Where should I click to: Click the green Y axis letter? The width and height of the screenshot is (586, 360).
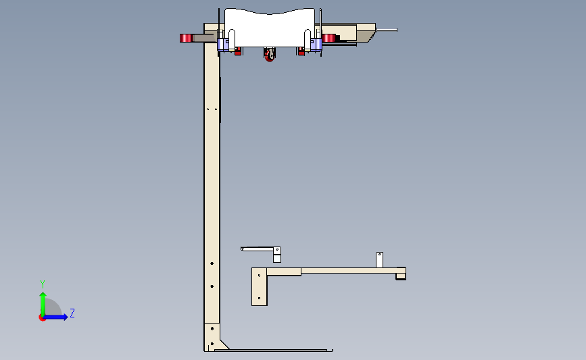click(x=43, y=284)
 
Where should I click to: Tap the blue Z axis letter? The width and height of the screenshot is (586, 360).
click(x=72, y=313)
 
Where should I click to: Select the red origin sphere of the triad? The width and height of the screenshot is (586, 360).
click(x=42, y=317)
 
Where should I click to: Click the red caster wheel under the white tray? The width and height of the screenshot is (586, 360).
click(x=270, y=56)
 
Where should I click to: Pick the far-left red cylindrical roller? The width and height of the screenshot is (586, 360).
click(x=186, y=38)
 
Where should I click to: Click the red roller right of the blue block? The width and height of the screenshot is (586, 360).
click(x=329, y=38)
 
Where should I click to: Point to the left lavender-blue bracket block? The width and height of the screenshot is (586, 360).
click(x=223, y=45)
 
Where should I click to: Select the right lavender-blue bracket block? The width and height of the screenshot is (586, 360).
click(x=316, y=45)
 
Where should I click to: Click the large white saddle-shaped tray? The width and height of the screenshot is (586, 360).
click(x=270, y=28)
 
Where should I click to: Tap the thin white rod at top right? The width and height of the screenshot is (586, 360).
click(x=387, y=30)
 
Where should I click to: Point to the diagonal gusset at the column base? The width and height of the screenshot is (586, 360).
click(x=224, y=344)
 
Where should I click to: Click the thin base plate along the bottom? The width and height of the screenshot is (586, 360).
click(x=274, y=351)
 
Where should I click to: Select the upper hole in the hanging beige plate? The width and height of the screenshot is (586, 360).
click(x=260, y=276)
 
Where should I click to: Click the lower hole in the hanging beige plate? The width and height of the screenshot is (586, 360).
click(x=260, y=298)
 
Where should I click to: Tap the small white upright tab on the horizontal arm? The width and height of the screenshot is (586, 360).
click(x=379, y=260)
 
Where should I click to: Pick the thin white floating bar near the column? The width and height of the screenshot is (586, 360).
click(x=258, y=249)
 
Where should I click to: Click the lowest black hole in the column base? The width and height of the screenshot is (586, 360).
click(x=212, y=344)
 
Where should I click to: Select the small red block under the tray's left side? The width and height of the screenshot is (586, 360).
click(x=238, y=51)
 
